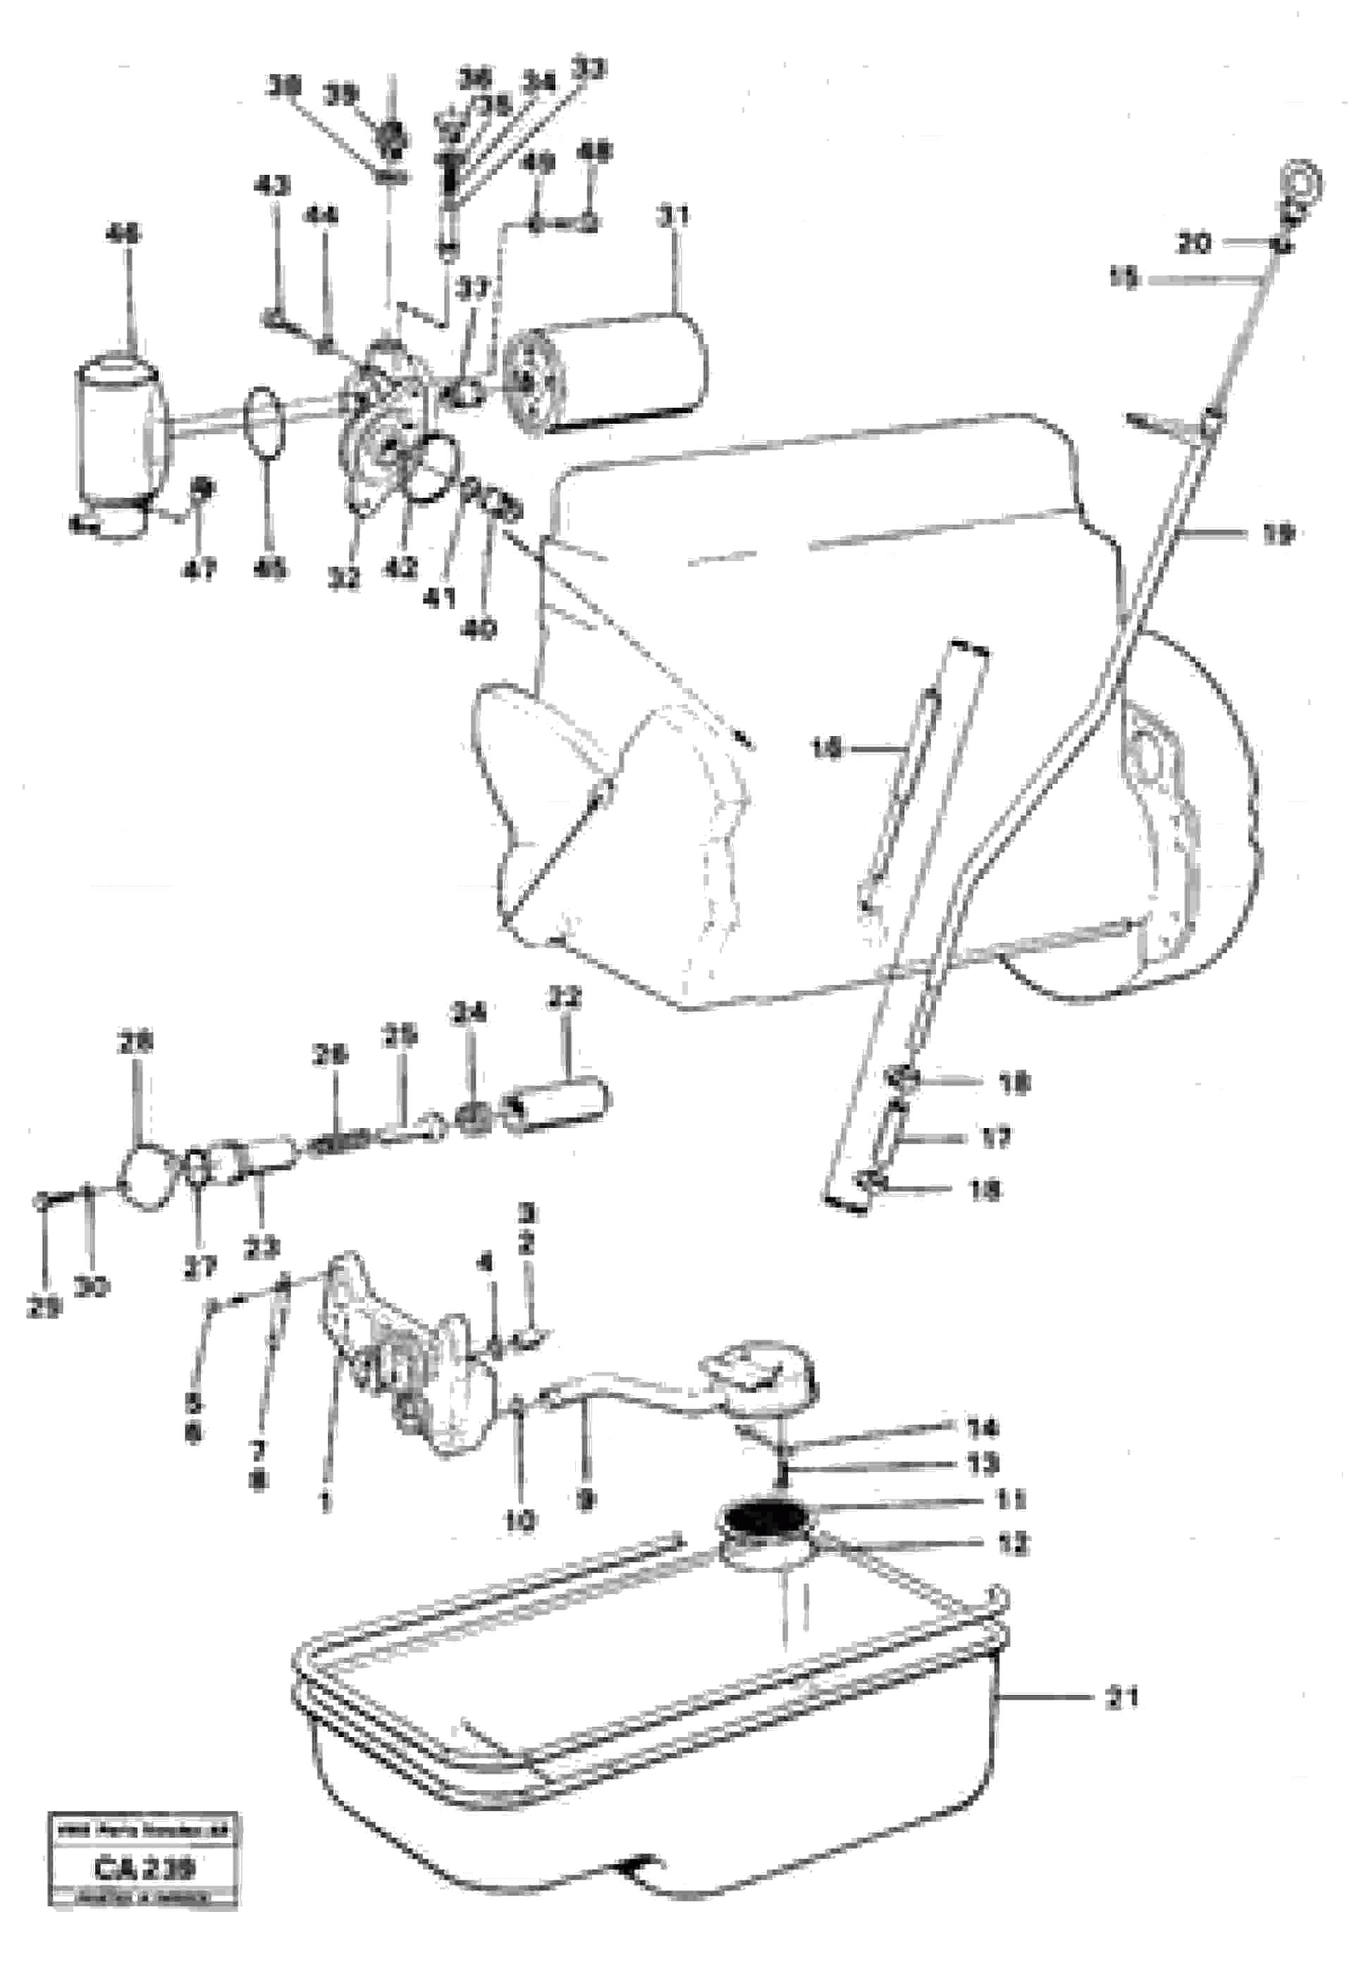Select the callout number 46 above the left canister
(125, 233)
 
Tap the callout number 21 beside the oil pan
(1121, 1699)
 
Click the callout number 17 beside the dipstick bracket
(995, 1137)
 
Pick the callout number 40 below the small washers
(479, 630)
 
